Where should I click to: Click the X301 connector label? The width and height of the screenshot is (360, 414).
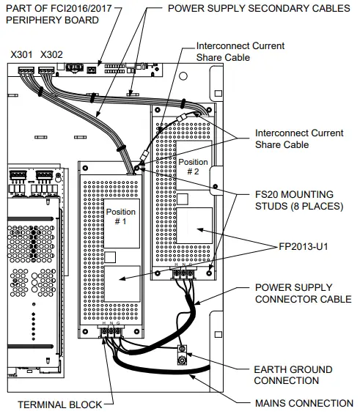point(21,55)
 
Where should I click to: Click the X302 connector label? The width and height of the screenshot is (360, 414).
point(51,55)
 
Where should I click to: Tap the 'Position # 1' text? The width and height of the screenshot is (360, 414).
point(121,216)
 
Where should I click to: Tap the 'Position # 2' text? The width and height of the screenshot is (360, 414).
point(193,166)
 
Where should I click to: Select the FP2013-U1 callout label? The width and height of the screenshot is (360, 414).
point(304,246)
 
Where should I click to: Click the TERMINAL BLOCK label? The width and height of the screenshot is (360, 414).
point(59,404)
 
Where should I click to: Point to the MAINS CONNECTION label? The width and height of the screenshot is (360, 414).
point(304,403)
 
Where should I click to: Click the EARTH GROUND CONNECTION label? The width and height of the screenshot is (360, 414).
point(293,375)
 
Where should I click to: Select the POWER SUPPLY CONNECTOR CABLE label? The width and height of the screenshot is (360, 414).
point(304,293)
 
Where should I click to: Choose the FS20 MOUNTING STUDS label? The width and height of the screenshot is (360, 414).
point(299,200)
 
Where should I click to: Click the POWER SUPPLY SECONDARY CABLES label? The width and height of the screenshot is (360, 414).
point(259,8)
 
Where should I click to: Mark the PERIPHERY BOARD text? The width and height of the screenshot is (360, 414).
point(52,20)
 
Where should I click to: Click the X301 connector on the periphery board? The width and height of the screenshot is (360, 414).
point(26,70)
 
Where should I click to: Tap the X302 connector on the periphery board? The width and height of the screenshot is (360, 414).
point(46,70)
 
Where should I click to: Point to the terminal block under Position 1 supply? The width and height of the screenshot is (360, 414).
point(111,331)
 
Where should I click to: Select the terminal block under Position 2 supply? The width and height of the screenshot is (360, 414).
point(183,273)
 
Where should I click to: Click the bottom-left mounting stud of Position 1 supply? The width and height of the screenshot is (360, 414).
point(85,331)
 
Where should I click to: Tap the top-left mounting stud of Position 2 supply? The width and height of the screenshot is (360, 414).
point(158,109)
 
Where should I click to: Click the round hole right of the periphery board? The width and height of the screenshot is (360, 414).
point(183,76)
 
